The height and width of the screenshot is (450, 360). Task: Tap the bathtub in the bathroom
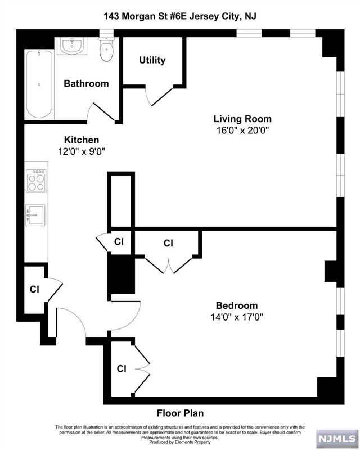(39, 84)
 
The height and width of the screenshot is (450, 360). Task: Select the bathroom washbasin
(72, 46)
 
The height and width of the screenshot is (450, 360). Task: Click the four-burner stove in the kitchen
(36, 181)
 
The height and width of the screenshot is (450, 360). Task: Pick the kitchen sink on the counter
(35, 215)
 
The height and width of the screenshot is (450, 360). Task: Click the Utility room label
(152, 60)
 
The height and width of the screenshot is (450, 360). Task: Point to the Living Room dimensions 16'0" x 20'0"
(242, 130)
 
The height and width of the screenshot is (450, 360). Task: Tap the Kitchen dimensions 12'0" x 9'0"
(82, 151)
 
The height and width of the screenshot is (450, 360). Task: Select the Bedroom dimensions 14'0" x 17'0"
(237, 317)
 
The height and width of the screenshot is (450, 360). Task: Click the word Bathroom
(86, 83)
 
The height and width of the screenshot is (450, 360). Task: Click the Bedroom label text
(237, 305)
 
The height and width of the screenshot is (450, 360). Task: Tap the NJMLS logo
(337, 438)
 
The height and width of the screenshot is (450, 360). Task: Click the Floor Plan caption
(181, 413)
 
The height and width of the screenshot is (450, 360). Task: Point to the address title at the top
(180, 16)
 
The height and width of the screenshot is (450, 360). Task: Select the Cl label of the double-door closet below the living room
(168, 243)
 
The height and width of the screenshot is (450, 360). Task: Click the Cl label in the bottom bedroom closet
(121, 368)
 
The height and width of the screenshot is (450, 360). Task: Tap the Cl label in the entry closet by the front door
(34, 289)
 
